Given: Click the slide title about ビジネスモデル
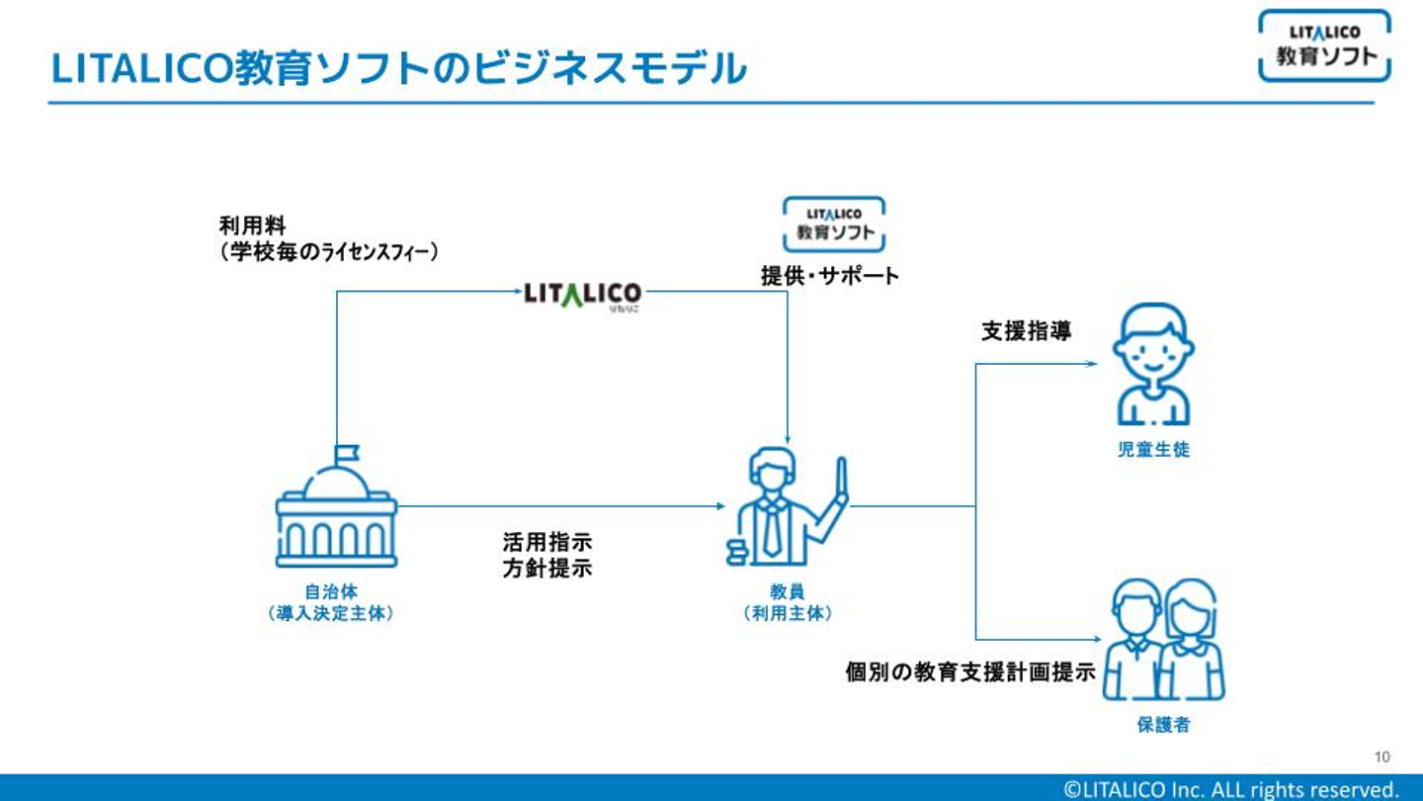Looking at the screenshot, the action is (x=398, y=68).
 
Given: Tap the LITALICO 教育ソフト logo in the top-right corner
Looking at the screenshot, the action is (x=1324, y=45).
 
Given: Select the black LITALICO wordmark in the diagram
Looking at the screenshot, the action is (x=583, y=296).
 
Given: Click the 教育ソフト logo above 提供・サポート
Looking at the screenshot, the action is (x=833, y=224).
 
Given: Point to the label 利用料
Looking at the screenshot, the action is (x=252, y=225).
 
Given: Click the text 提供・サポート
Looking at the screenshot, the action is (x=830, y=276).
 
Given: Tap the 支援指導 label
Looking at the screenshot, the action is (x=1026, y=330).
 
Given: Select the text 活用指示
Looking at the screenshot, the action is (x=547, y=542).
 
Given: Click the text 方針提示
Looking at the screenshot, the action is (x=547, y=569).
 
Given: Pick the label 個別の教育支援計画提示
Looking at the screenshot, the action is (x=970, y=672).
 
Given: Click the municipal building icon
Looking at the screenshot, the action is (x=336, y=506).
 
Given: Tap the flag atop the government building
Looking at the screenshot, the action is (x=347, y=453).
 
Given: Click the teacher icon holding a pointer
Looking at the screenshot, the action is (x=787, y=506).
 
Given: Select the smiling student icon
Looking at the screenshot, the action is (x=1153, y=364).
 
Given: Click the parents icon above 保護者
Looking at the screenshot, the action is (x=1164, y=639).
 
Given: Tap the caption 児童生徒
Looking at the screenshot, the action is (x=1153, y=449).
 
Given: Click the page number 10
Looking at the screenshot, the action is (x=1381, y=756).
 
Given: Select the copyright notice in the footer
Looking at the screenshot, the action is (x=1231, y=789).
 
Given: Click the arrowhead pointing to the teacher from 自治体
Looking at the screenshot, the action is (x=720, y=506).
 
